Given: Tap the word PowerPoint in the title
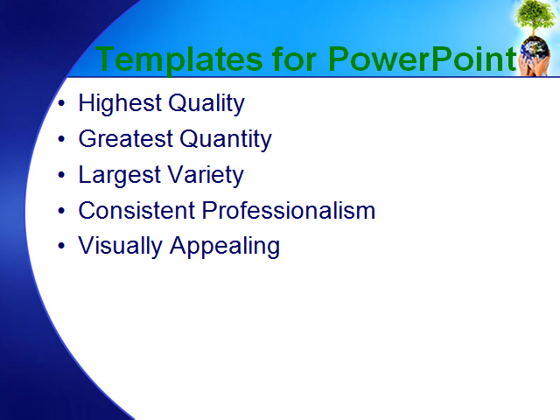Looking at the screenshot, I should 422,59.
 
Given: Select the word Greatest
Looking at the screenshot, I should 125,139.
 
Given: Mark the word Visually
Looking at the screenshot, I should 121,246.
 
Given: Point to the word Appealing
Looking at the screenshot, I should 225,247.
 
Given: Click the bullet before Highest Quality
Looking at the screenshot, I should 60,104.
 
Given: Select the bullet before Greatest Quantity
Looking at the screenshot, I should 60,140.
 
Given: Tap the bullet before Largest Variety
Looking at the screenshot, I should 60,176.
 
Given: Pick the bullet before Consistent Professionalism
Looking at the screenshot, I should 60,212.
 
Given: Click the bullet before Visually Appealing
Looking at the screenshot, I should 60,247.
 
